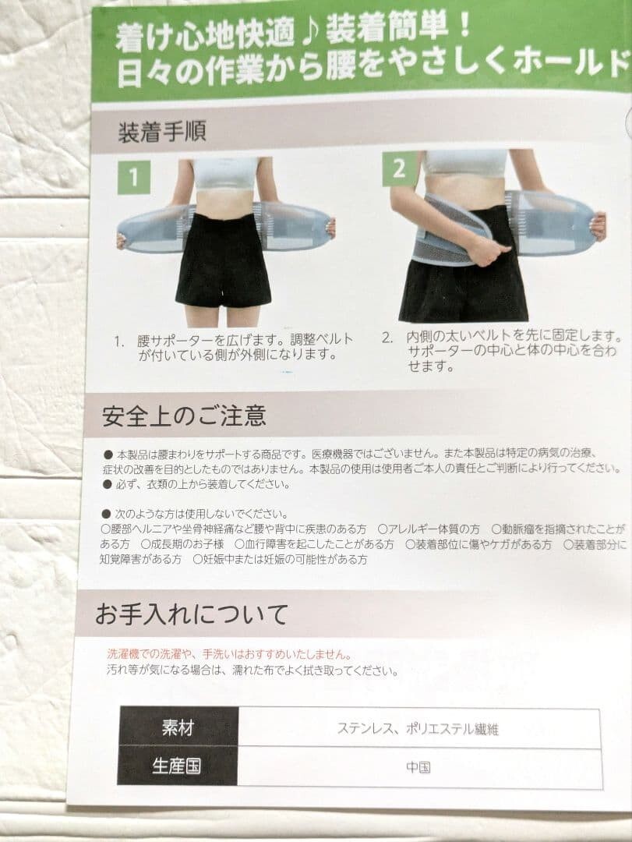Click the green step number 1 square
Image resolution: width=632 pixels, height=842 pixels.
point(134,177)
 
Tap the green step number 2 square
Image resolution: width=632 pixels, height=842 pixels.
point(400,169)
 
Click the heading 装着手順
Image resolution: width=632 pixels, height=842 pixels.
point(161,132)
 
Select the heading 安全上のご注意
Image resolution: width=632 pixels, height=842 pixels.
point(184,416)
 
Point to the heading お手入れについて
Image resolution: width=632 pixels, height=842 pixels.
point(191,614)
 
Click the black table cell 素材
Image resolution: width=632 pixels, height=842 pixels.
point(178,727)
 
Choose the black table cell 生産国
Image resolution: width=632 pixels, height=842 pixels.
point(177,766)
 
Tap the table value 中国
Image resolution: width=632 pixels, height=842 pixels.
point(418,767)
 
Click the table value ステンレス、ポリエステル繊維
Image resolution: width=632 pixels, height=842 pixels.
point(418,729)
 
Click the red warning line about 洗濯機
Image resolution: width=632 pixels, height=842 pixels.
point(229,654)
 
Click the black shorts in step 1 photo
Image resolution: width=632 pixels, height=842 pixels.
point(224,260)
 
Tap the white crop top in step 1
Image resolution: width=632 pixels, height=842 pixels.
point(224,173)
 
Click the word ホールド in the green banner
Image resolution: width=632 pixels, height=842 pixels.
point(571,62)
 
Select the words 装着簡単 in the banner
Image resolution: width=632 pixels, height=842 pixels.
point(387,28)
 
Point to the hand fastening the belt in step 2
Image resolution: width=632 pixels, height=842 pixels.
point(491,249)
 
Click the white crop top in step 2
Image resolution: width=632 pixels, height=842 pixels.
point(465,163)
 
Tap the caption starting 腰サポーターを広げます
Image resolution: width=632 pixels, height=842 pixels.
point(233,347)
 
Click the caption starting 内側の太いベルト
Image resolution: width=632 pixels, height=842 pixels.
point(502,351)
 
